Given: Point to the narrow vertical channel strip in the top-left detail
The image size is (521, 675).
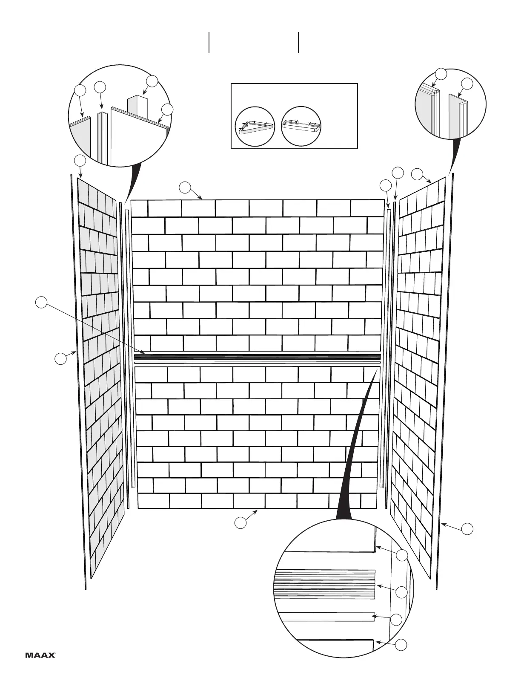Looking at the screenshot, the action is [101, 136].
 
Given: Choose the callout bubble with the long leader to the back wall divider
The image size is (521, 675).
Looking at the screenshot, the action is [41, 302].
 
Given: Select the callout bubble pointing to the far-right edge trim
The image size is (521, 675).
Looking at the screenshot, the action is [467, 529].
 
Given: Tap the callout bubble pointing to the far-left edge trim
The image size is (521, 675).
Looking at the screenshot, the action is [60, 358].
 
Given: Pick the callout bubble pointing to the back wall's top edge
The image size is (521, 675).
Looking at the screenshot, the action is [185, 187].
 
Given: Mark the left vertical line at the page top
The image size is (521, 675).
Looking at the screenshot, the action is [209, 43].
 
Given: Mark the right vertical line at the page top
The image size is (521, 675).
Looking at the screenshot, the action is [298, 43].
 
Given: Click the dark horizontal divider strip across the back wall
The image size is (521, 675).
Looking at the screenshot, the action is [257, 357].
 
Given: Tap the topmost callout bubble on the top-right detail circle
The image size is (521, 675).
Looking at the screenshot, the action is [441, 73].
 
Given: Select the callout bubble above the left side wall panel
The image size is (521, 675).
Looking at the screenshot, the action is [80, 161].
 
